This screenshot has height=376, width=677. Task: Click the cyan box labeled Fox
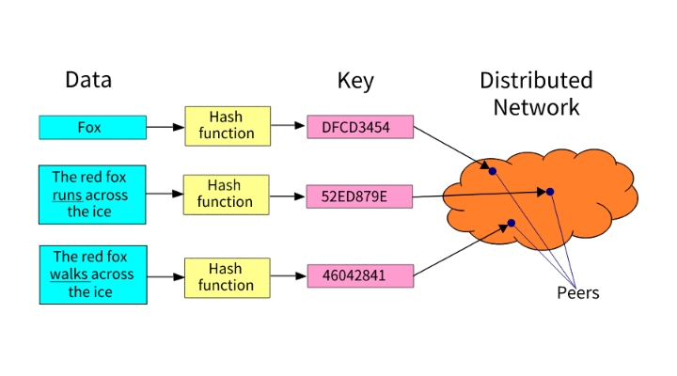92,127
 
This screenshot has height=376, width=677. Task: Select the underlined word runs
67,196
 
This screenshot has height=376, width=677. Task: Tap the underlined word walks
69,274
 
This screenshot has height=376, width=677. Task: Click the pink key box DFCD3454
360,127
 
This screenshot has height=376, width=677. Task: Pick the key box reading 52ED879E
359,196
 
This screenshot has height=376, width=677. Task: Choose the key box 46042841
360,275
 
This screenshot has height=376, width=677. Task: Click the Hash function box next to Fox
228,126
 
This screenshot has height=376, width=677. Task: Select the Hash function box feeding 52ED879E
227,195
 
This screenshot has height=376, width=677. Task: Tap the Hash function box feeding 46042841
228,278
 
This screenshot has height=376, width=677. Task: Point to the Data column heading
88,80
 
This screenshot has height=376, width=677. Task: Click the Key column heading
355,81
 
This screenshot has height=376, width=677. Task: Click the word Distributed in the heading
536,80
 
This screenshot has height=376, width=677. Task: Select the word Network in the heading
536,107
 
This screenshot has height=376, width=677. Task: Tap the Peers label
577,292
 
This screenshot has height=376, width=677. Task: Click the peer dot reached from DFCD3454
493,171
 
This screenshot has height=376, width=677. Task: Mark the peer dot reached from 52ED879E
550,192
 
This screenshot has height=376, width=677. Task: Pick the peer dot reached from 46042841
512,223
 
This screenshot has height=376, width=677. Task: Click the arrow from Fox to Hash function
165,127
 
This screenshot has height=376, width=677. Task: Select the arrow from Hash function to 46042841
289,275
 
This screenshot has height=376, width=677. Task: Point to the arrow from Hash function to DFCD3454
289,126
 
